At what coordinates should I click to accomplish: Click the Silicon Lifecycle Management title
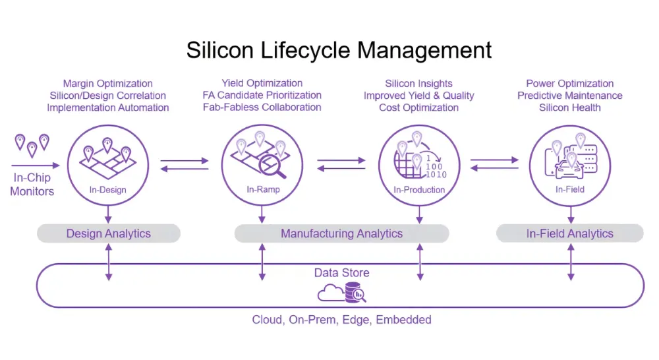click(x=339, y=51)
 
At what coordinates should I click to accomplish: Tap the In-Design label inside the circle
click(x=107, y=190)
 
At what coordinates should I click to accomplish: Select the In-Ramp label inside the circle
click(x=263, y=190)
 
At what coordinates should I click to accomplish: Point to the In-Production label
click(x=419, y=190)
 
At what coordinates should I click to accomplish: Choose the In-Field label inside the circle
click(x=570, y=190)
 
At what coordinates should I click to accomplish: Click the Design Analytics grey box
click(x=109, y=233)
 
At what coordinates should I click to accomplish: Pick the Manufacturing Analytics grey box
click(x=341, y=233)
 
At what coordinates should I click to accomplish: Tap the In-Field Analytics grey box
click(x=570, y=233)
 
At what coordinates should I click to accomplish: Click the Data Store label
click(x=341, y=272)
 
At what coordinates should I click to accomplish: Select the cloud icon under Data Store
click(x=331, y=293)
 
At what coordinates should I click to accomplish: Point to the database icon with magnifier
click(x=356, y=292)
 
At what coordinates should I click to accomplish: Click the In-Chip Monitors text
click(x=32, y=184)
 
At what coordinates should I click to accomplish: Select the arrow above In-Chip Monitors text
click(x=36, y=165)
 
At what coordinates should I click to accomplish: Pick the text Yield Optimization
click(x=262, y=83)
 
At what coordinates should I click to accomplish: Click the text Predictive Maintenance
click(x=570, y=96)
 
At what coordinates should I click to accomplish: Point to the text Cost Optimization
click(x=418, y=107)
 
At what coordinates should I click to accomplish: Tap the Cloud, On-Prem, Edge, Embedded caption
click(x=341, y=320)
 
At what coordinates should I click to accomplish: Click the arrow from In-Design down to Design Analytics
click(x=109, y=214)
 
